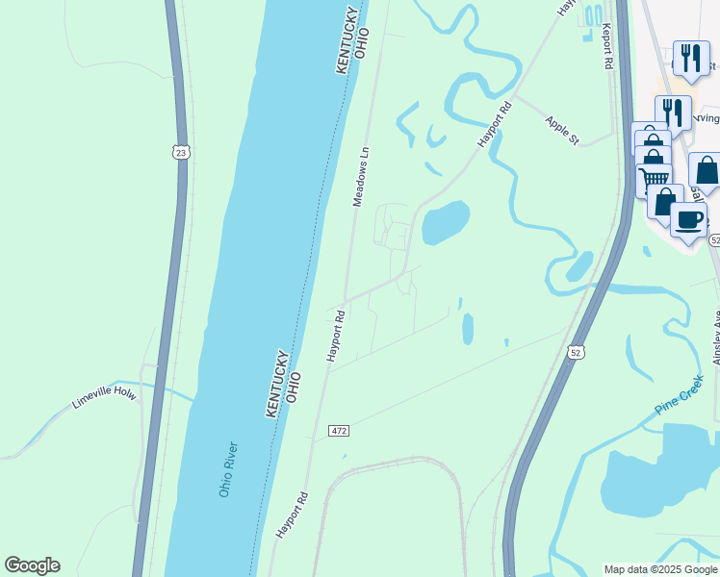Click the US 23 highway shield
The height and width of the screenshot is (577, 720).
click(181, 152)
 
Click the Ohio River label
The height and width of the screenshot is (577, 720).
click(227, 468)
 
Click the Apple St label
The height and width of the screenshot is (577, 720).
click(562, 131)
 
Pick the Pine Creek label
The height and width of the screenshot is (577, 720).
click(681, 395)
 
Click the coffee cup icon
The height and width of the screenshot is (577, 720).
click(689, 220)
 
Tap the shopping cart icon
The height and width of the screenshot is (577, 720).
click(655, 178)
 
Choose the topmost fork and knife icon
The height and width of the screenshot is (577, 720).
click(690, 59)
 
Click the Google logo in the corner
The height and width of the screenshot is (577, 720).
click(32, 565)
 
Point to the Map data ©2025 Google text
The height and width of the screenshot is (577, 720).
click(660, 569)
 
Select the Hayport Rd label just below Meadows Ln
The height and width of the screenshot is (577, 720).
click(336, 336)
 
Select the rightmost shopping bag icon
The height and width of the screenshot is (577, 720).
click(707, 170)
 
